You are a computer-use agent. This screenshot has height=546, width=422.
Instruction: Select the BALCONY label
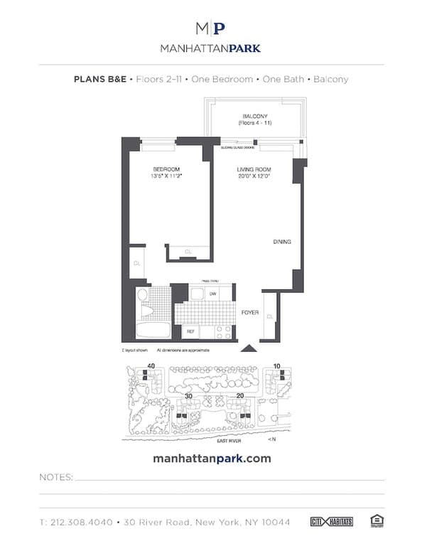point(254,116)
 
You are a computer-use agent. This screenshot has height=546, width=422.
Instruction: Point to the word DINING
point(282,242)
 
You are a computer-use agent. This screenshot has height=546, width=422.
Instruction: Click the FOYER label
point(249,312)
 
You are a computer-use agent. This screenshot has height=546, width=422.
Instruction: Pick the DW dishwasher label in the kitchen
point(213,293)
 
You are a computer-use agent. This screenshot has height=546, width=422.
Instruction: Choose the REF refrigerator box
point(191,331)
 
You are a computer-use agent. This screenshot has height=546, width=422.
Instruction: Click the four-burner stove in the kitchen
point(223,331)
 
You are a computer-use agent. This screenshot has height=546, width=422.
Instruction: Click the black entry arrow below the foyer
point(249,348)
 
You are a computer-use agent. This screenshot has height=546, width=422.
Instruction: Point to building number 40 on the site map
point(151,367)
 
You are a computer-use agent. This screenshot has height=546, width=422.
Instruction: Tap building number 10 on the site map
point(276,367)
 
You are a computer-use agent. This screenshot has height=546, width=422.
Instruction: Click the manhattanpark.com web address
point(211,459)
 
